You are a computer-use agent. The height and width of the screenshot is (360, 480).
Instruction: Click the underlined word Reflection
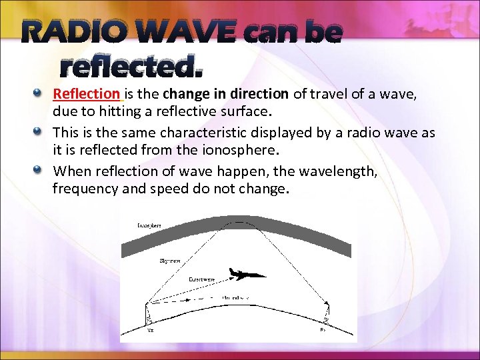pos(87,94)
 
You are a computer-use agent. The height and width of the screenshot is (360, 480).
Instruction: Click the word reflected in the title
pos(131,67)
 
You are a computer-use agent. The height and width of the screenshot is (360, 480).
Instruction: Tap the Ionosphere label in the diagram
pos(149,226)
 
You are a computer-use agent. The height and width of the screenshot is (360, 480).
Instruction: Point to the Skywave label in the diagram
pos(169,261)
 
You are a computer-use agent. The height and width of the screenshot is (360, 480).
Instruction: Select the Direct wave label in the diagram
pos(201,279)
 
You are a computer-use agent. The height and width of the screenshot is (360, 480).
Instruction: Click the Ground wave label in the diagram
pos(236,297)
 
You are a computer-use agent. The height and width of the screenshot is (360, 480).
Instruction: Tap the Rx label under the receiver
pos(323,328)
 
